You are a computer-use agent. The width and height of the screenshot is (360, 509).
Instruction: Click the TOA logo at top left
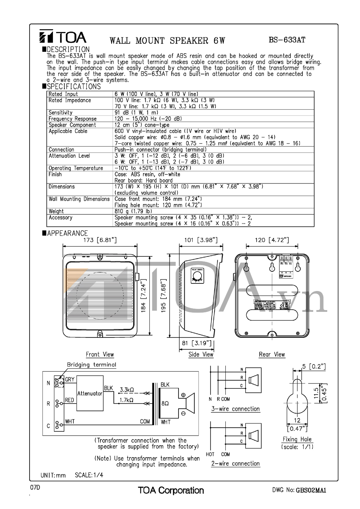tap(63, 37)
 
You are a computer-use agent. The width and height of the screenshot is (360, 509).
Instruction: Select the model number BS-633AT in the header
tap(287, 40)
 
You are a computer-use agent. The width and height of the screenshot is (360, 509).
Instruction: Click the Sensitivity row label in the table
tap(60, 113)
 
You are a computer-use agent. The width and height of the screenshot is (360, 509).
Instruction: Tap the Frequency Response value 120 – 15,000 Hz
tap(148, 119)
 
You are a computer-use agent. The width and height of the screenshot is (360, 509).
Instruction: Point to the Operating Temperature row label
tap(76, 168)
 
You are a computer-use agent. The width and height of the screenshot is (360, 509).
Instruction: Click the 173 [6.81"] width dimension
tap(100, 240)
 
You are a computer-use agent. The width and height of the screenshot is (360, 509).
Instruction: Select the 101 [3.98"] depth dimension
tap(201, 240)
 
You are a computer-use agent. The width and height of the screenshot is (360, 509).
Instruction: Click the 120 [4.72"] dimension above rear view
tap(272, 240)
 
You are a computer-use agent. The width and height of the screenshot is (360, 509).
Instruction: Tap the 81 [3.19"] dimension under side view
tap(196, 343)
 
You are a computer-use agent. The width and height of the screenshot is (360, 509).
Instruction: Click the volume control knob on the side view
tap(197, 276)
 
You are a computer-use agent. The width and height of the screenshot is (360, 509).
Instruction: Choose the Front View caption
tap(100, 354)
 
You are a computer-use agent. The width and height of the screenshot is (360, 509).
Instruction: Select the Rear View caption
tap(272, 354)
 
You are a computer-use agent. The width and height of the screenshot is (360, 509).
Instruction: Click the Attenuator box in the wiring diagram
tap(90, 394)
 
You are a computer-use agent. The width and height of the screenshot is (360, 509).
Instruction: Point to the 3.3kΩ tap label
tap(127, 390)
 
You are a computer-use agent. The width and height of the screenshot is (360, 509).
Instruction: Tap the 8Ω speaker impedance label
tap(165, 404)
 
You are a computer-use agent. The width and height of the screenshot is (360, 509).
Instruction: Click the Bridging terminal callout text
tap(91, 364)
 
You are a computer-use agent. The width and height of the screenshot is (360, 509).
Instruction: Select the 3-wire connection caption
tap(235, 409)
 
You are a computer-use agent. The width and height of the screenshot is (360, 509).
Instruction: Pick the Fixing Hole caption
tap(297, 439)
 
